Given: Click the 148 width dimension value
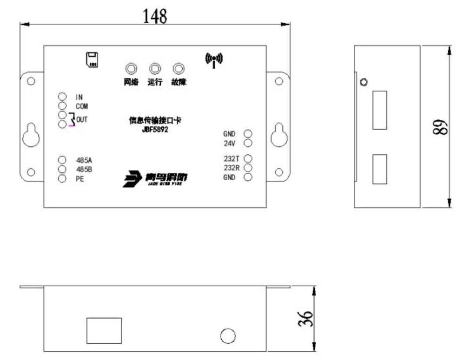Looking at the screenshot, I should pos(155,16).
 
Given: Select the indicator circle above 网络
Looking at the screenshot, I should pos(132,69).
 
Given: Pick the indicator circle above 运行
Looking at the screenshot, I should pos(154,69).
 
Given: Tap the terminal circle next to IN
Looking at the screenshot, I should pos(63,97).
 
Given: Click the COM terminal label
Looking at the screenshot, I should pos(82,106).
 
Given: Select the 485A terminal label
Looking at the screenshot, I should pos(84,160).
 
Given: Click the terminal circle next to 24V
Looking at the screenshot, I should pos(248,143).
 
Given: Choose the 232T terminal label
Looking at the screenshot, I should pos(231,159).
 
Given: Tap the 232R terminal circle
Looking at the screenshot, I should pos(248,168).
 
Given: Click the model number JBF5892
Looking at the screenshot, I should pos(155,130).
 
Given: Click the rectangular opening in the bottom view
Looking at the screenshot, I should pos(104,330).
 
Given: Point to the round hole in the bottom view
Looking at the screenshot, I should pos(228,336).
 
